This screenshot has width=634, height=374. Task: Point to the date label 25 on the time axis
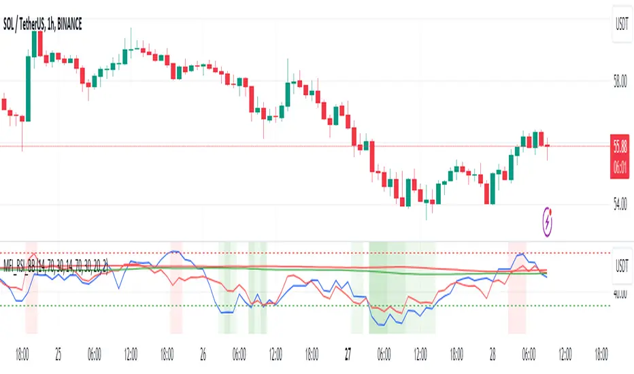pyautogui.click(x=59, y=354)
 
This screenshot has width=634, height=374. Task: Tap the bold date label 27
pyautogui.click(x=348, y=354)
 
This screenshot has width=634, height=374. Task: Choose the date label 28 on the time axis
pyautogui.click(x=493, y=354)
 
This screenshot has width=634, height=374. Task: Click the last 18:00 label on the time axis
pyautogui.click(x=601, y=354)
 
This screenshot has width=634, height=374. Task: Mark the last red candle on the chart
pyautogui.click(x=547, y=145)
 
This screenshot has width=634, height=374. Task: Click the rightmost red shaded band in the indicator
pyautogui.click(x=517, y=286)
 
